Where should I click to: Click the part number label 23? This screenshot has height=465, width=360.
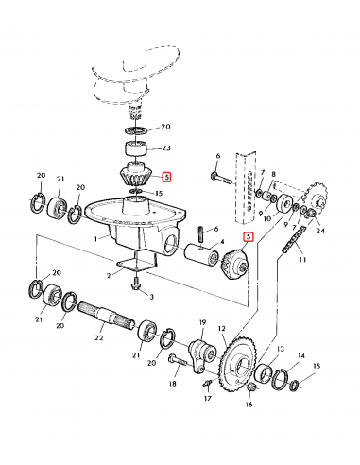click(166, 147)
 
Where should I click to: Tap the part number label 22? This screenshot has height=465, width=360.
click(99, 337)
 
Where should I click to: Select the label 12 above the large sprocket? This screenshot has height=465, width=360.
click(222, 329)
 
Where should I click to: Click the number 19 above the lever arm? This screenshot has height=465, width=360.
click(202, 322)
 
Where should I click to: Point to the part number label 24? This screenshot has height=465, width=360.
click(320, 231)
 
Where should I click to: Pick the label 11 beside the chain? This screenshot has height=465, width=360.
click(302, 260)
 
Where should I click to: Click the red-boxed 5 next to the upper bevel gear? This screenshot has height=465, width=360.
click(166, 178)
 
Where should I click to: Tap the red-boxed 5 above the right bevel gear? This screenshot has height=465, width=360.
click(249, 236)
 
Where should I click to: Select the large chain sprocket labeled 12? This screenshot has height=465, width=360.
click(238, 365)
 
